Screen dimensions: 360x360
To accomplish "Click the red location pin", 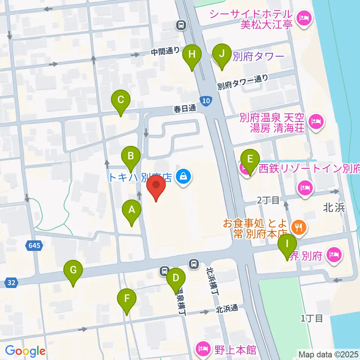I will [x=156, y=187].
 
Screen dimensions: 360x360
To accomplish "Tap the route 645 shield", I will [x=35, y=246].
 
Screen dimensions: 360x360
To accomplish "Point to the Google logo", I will [x=25, y=351].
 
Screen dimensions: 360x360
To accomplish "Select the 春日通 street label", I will [x=185, y=109].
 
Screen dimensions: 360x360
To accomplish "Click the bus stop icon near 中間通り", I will [x=181, y=25].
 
